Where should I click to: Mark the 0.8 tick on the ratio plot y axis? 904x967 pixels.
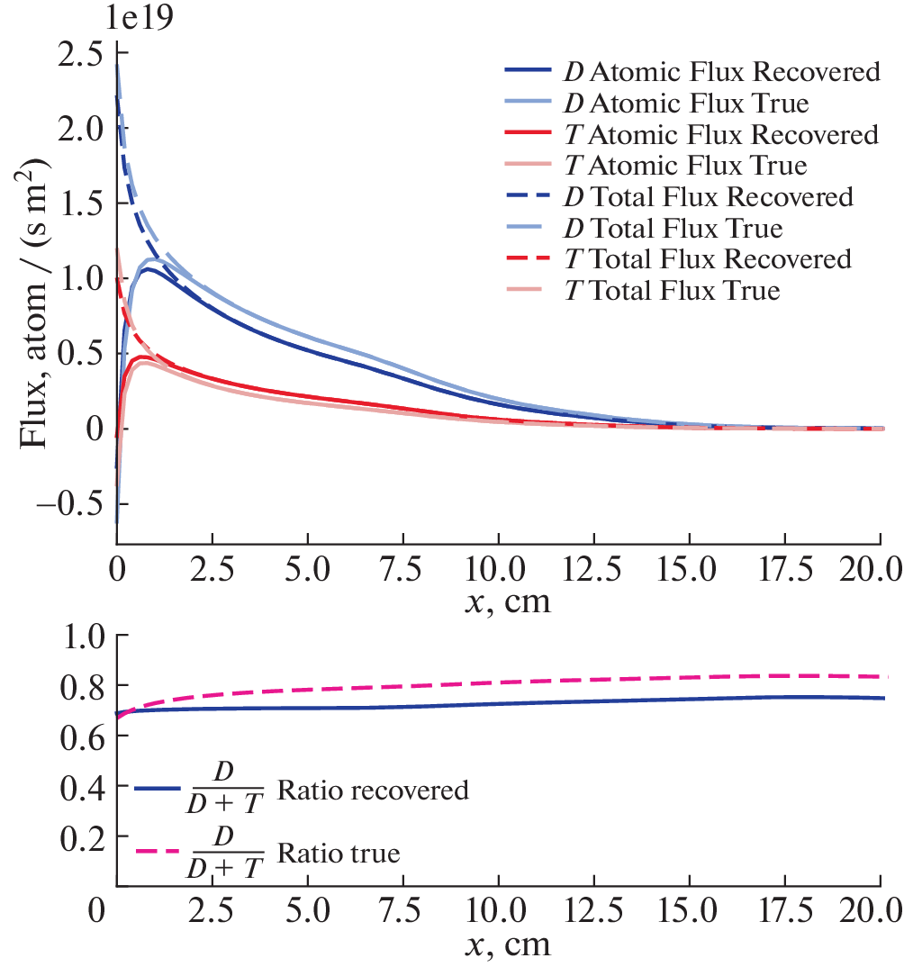86,686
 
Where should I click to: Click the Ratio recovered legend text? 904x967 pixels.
373,791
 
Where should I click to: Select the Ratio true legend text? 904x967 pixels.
338,851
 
